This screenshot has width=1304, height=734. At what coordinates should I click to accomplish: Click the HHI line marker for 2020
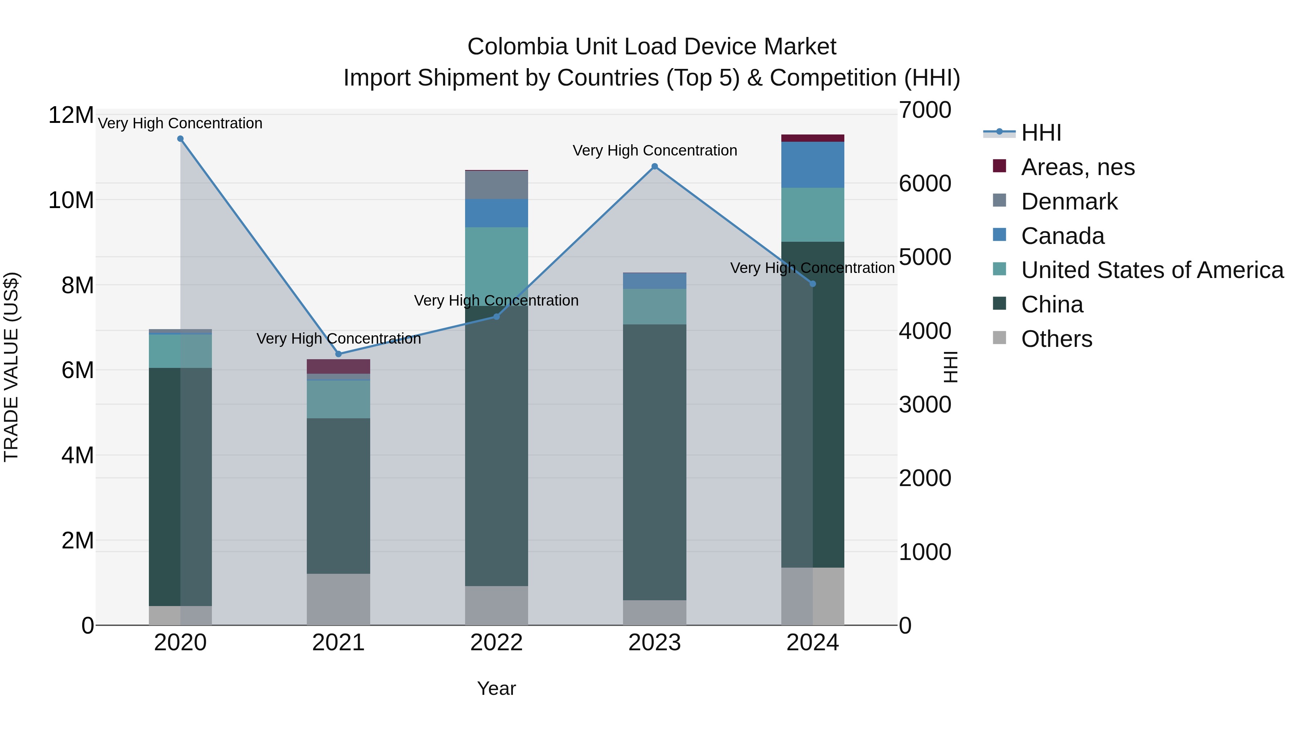[x=180, y=139]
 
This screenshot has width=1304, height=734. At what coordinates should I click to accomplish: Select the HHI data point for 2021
[x=339, y=354]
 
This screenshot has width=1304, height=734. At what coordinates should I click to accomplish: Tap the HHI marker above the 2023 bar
[x=655, y=167]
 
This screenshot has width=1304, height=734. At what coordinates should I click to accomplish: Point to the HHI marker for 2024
[x=813, y=284]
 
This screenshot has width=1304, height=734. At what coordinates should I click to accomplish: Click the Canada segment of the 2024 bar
[x=812, y=165]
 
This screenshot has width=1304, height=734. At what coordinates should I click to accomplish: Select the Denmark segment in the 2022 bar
[x=496, y=185]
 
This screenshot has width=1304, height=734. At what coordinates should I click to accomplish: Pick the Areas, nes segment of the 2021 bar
[x=338, y=366]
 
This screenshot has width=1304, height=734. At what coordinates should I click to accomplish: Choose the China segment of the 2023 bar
[x=655, y=462]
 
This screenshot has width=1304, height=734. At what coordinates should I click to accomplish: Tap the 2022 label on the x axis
[x=496, y=643]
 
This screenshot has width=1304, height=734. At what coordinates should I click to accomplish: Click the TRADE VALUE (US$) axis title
[x=11, y=367]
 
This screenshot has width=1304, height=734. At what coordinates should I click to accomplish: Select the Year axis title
[x=496, y=688]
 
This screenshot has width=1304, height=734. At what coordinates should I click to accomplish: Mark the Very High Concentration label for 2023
[x=655, y=150]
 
